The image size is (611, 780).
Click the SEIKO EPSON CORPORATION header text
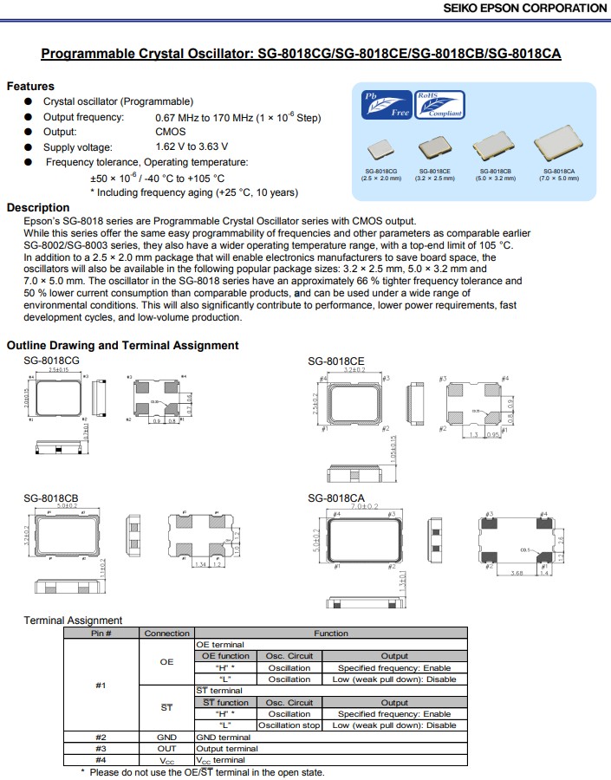click(x=525, y=8)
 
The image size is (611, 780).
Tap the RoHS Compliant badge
click(x=439, y=104)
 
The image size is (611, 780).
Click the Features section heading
click(x=30, y=86)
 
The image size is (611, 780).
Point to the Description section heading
click(x=38, y=207)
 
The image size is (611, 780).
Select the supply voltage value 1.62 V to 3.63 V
click(x=192, y=146)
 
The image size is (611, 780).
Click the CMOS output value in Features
click(x=170, y=132)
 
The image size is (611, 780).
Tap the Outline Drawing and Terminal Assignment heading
click(x=122, y=345)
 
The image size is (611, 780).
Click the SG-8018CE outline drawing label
click(x=336, y=361)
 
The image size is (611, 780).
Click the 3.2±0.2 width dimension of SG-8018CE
click(x=354, y=368)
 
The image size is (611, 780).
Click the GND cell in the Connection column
click(x=166, y=737)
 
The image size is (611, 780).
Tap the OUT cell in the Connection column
click(x=166, y=748)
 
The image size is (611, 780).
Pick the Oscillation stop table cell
click(x=289, y=725)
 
